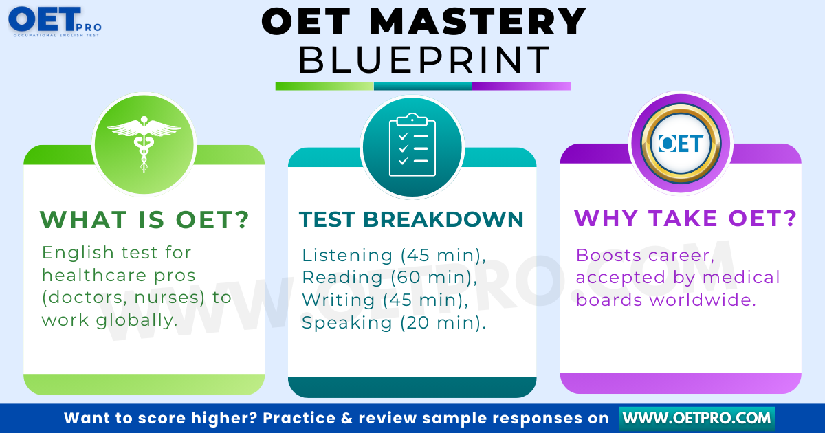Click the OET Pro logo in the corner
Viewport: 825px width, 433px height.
click(x=54, y=22)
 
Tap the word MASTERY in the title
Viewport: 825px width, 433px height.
click(x=477, y=22)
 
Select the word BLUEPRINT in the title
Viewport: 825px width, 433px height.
click(x=424, y=60)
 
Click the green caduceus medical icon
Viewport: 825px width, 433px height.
click(x=144, y=144)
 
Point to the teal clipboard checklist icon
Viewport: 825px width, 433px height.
click(x=412, y=145)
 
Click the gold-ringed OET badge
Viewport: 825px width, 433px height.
click(x=681, y=143)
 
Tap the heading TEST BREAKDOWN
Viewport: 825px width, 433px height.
click(x=411, y=219)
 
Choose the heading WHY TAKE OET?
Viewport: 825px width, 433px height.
click(x=685, y=219)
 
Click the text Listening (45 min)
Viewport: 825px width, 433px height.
click(x=393, y=255)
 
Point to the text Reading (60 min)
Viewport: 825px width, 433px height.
click(x=389, y=277)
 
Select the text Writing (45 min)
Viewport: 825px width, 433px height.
click(x=385, y=300)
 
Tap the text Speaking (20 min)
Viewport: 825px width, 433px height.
click(x=394, y=322)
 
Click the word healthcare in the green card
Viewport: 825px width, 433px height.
click(x=94, y=275)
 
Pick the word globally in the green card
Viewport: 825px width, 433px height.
click(x=137, y=320)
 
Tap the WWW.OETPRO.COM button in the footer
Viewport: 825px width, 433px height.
click(x=697, y=419)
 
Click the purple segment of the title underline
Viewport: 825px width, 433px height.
click(x=521, y=86)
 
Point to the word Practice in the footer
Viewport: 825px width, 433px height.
click(x=299, y=419)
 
